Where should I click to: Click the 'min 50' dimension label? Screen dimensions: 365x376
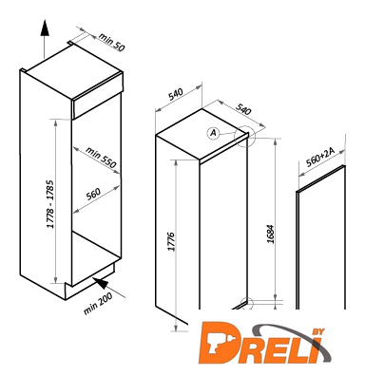(112, 42)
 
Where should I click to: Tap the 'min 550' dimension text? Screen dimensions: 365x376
(101, 157)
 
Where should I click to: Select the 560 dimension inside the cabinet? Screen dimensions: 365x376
(93, 194)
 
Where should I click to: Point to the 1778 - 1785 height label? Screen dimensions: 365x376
(50, 204)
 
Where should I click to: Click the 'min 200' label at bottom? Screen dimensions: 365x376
(98, 304)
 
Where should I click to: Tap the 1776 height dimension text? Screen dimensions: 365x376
(171, 242)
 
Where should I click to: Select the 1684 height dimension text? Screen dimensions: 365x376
(270, 235)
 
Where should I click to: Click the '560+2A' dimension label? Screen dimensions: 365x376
(320, 158)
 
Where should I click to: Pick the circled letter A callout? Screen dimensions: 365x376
(214, 133)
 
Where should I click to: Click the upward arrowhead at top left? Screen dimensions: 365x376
(45, 28)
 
